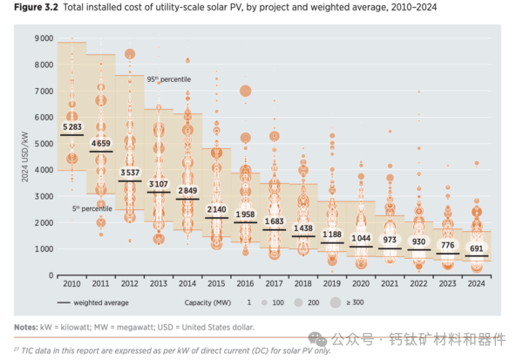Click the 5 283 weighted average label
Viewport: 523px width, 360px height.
[72, 127]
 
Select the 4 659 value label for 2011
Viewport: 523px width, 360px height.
[101, 143]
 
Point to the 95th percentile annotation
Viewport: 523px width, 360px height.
[168, 79]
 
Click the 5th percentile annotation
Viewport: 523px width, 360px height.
[92, 208]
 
